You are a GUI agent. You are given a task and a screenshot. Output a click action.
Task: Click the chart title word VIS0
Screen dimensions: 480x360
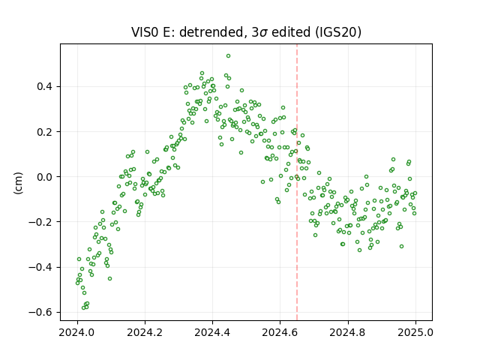[x=145, y=32]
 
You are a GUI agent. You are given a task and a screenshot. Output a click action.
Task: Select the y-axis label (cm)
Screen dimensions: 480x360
[x=18, y=183]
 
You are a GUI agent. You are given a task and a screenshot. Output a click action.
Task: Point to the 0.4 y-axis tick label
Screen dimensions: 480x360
[x=45, y=87]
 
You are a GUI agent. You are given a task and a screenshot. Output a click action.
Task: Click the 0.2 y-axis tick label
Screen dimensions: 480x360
[x=45, y=132]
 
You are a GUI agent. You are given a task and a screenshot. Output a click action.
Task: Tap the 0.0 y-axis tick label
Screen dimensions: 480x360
[x=45, y=177]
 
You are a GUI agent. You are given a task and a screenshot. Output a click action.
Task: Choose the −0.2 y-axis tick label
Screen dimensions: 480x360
[x=40, y=222]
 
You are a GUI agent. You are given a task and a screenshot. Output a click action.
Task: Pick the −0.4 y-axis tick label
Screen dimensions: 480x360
[x=40, y=267]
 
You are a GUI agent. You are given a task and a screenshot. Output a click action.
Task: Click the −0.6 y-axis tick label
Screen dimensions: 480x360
[x=40, y=312]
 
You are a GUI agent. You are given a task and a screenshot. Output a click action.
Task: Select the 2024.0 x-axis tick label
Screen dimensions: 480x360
[x=77, y=332]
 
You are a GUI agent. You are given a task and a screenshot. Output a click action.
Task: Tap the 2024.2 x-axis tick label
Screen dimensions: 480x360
[x=145, y=332]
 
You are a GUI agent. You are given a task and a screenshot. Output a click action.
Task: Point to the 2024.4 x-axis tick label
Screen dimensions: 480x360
[x=212, y=332]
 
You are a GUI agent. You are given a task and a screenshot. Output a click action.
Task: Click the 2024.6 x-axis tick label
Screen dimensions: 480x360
[x=280, y=332]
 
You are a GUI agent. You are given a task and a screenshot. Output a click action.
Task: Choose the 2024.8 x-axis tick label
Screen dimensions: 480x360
[x=348, y=332]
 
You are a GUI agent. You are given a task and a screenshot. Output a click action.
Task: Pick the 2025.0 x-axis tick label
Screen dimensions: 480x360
[x=415, y=332]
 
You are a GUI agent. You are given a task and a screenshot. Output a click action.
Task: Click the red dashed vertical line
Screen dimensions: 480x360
[x=297, y=182]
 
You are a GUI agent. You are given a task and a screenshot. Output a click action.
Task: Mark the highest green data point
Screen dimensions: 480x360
[x=228, y=56]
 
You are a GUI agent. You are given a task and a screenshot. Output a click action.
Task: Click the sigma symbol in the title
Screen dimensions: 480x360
[x=263, y=33]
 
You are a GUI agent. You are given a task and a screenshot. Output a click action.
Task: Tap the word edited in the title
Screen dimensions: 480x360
[x=291, y=32]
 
